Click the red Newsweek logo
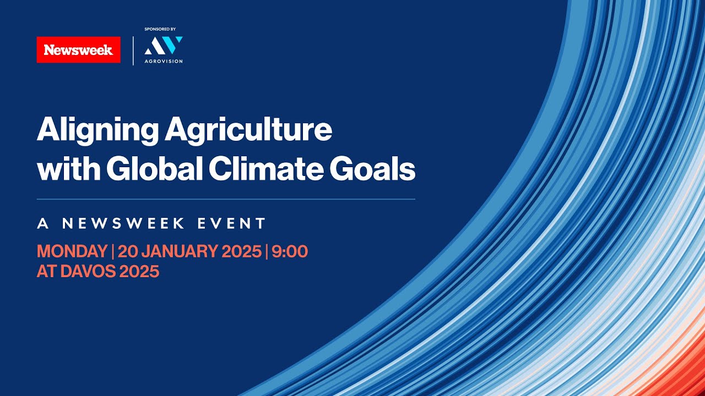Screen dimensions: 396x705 pos(78,50)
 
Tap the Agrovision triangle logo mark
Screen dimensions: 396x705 pos(163,46)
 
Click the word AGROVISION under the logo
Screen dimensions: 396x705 pos(163,61)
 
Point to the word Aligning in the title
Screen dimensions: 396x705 pos(96,130)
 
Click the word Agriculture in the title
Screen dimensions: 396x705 pos(248,130)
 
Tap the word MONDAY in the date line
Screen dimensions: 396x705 pos(72,251)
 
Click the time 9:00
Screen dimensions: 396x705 pos(289,251)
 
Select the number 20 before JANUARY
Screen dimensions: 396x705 pos(127,251)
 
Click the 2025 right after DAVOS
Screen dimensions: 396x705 pos(142,271)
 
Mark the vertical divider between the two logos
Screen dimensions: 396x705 pos(133,51)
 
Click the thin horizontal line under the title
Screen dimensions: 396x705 pos(226,199)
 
